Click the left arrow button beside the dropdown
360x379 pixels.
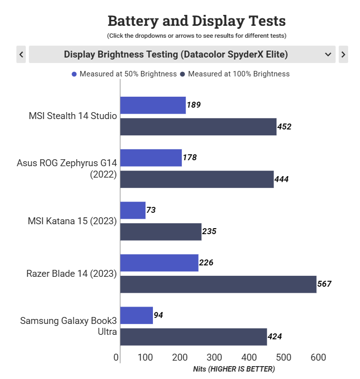(x=21, y=54)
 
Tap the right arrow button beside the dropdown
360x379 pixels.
(x=343, y=54)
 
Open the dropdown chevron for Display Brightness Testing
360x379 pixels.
(x=328, y=54)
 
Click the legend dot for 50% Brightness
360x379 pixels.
(x=74, y=74)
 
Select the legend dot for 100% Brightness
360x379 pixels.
(x=183, y=74)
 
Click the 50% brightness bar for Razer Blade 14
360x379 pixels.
(x=159, y=262)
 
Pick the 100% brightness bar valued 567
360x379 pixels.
(x=218, y=284)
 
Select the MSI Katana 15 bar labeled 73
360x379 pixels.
(x=133, y=210)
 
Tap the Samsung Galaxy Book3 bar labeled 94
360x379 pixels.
(x=136, y=315)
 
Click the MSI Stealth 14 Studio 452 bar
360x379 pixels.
(x=198, y=126)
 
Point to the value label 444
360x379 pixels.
(x=282, y=179)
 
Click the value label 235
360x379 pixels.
(x=209, y=232)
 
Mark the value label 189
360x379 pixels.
(x=194, y=105)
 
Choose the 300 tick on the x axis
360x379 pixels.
(x=215, y=357)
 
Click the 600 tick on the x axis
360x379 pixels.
(x=318, y=357)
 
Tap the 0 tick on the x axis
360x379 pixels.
(x=116, y=357)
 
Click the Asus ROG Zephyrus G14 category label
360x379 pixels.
(x=67, y=168)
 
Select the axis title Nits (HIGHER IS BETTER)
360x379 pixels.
(x=233, y=369)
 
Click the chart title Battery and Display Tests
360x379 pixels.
(x=197, y=21)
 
